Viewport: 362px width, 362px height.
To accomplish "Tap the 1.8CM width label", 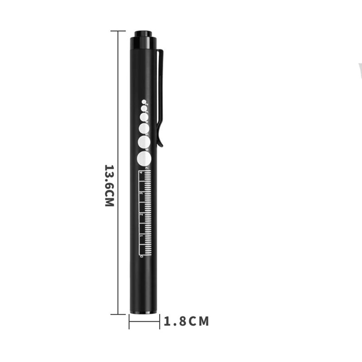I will pyautogui.click(x=186, y=322).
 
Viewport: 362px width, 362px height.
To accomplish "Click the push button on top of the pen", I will pyautogui.click(x=144, y=34).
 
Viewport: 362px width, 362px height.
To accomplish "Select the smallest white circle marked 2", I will pyautogui.click(x=144, y=102).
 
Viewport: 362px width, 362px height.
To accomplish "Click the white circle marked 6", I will pyautogui.click(x=144, y=142).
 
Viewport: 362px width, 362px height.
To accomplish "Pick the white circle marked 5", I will pyautogui.click(x=144, y=128).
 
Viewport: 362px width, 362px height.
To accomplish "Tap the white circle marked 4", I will pyautogui.click(x=144, y=117).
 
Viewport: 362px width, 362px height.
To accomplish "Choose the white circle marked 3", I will pyautogui.click(x=144, y=109).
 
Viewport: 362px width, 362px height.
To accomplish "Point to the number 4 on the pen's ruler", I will pyautogui.click(x=142, y=172).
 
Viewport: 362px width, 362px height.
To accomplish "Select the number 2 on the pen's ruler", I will pyautogui.click(x=142, y=214).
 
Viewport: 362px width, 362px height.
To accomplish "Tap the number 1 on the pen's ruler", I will pyautogui.click(x=142, y=235).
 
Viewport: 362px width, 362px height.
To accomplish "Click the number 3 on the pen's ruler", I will pyautogui.click(x=142, y=194).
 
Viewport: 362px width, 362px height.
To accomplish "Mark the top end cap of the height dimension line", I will pyautogui.click(x=118, y=31).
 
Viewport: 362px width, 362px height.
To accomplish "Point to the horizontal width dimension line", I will pyautogui.click(x=144, y=322).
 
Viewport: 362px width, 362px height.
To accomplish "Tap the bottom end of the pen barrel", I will pyautogui.click(x=144, y=311).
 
